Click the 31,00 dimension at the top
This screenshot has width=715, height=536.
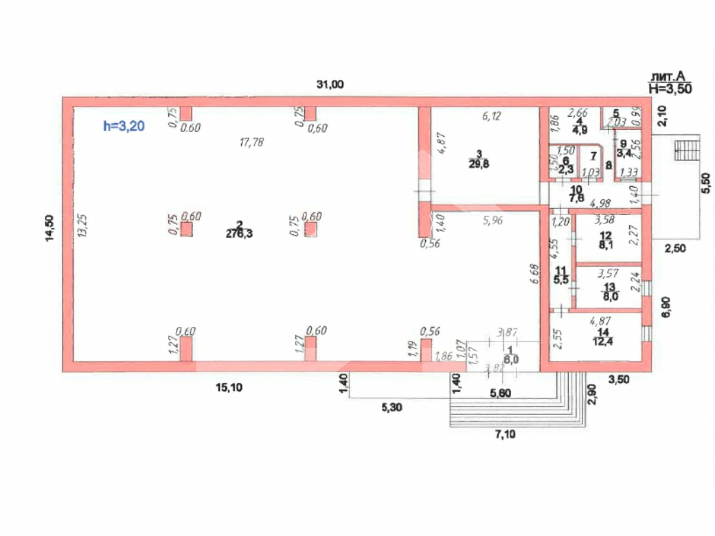coord(330,85)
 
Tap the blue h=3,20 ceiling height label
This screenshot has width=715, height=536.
coord(124,126)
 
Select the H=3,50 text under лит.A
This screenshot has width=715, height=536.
coord(670,89)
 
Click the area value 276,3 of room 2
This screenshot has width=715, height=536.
coord(239,234)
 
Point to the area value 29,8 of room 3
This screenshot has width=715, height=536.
coord(479,164)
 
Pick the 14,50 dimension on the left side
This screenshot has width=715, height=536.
coord(50,228)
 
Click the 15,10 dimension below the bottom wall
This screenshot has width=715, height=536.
coord(229,387)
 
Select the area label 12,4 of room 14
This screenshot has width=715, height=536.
coord(603,341)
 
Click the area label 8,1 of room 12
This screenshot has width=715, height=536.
coord(606,245)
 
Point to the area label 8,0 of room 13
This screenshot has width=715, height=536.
coord(610,297)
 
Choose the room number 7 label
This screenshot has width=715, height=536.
coord(593,156)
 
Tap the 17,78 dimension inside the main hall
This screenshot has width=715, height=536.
coord(251,142)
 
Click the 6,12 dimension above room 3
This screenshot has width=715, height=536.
coord(491,117)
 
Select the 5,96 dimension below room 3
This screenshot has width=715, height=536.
coord(492,220)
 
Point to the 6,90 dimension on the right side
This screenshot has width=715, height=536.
coord(666,307)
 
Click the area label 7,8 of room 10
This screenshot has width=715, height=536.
coord(576,198)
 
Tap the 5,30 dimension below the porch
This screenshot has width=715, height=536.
coord(391,408)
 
